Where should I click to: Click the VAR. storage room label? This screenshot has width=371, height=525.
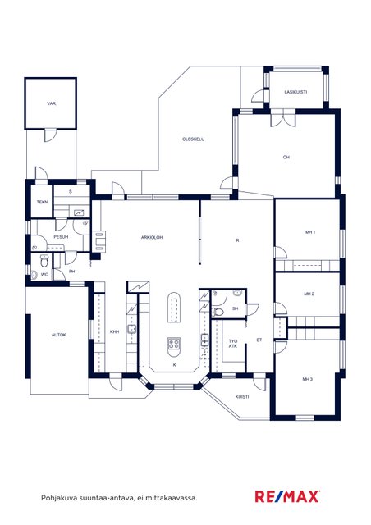point(51,104)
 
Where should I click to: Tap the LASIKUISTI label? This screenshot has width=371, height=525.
point(296,92)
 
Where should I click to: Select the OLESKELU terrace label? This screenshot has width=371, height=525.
point(194,139)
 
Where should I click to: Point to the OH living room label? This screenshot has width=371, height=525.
point(286,157)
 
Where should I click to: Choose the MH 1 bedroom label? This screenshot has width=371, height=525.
point(310,231)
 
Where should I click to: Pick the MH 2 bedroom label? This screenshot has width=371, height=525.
point(309,294)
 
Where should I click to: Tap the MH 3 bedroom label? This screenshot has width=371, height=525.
point(308,379)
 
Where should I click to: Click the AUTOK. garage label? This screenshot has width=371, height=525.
point(59,335)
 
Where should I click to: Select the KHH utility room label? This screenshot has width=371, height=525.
point(115,331)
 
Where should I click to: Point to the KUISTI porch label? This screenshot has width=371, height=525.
point(242,397)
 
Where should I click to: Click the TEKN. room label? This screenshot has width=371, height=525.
point(42,203)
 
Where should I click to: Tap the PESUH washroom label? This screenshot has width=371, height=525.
point(61,237)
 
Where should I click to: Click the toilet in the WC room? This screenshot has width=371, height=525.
point(44,261)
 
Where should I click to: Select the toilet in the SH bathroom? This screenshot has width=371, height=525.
point(218,313)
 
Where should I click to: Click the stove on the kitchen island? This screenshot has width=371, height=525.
point(174,343)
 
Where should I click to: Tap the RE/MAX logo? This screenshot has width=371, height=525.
point(287,496)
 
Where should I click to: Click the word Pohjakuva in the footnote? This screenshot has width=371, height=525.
point(55,498)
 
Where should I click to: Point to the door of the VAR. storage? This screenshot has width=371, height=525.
point(49,135)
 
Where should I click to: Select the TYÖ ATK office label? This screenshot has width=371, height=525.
point(233,344)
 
